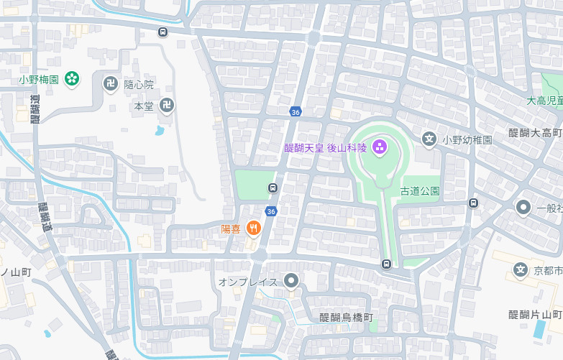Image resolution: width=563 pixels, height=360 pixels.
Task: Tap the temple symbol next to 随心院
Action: coord(111,84)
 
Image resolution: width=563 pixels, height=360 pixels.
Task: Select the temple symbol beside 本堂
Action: coord(167,106)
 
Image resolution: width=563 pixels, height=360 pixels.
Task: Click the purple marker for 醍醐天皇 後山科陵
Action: coord(380,148)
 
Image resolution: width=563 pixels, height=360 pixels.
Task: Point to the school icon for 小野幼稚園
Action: coord(429,139)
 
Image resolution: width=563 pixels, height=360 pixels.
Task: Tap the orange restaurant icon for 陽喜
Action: coord(253,229)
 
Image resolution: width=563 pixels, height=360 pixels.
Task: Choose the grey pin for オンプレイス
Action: coord(290,281)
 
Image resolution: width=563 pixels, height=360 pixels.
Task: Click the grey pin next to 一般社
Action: coord(523,208)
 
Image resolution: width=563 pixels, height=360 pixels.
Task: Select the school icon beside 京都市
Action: coord(521,270)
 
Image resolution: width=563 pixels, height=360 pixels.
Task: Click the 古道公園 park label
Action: coord(420,191)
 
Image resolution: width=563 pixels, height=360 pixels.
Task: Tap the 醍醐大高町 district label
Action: coord(535,133)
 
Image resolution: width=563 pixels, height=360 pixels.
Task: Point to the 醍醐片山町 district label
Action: coord(535,315)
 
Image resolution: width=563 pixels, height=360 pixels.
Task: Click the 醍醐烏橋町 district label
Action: coord(347,318)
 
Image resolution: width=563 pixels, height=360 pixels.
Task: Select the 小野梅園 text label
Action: coord(39,79)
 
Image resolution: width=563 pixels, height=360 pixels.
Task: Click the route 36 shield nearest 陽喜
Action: coord(270,211)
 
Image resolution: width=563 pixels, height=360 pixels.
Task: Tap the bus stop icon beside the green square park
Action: coord(273,188)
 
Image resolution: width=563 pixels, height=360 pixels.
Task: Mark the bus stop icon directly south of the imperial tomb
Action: coord(387,264)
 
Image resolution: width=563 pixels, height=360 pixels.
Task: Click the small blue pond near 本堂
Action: coord(159,130)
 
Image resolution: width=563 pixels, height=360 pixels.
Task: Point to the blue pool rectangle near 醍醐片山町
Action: coord(540,329)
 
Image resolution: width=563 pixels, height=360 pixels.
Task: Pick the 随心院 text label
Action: coord(139,85)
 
